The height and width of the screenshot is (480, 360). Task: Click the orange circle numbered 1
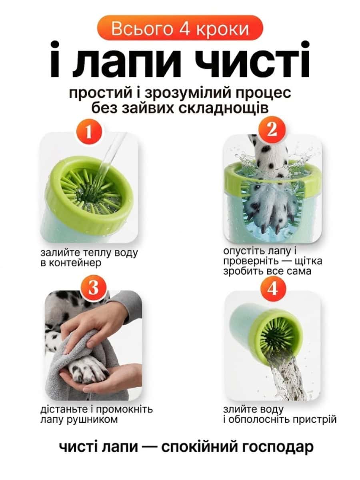click(88, 132)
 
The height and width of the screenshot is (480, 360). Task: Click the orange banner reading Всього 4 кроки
click(180, 28)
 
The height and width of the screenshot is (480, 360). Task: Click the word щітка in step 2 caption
click(308, 261)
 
